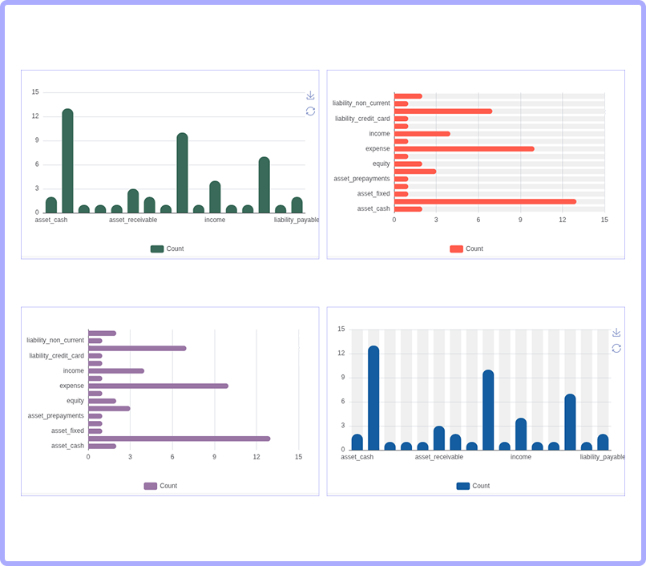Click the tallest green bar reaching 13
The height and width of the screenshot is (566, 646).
[x=67, y=161]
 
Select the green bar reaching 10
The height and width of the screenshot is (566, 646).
[x=182, y=172]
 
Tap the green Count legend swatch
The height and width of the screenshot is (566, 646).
[x=157, y=249]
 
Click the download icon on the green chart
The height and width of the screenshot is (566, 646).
[x=310, y=95]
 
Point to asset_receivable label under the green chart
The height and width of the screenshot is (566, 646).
[x=133, y=220]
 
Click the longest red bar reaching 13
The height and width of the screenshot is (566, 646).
[x=486, y=201]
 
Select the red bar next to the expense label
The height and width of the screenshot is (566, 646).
[x=464, y=149]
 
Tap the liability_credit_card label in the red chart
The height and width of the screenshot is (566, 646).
[x=362, y=119]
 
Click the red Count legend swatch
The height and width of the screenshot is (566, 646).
[x=456, y=249]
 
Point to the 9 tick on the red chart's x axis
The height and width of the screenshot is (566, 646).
[x=520, y=220]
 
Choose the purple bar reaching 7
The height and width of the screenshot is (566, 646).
[x=137, y=349]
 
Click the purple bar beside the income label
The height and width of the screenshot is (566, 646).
[x=116, y=371]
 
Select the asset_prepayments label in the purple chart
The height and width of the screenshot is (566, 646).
[x=55, y=415]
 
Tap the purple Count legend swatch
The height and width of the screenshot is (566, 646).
[x=151, y=486]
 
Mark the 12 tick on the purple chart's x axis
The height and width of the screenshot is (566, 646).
[x=256, y=457]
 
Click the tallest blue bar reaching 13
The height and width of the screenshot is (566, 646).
[x=373, y=398]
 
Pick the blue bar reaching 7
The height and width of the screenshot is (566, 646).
[x=570, y=422]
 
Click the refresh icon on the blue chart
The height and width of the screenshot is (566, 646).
[x=616, y=349]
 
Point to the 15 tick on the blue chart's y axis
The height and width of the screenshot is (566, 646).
[x=341, y=329]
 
